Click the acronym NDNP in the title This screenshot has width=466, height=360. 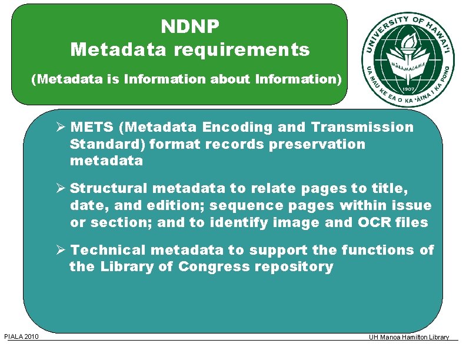[189, 26]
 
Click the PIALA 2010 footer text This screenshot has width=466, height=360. [22, 336]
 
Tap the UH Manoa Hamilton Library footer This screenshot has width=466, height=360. [409, 337]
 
